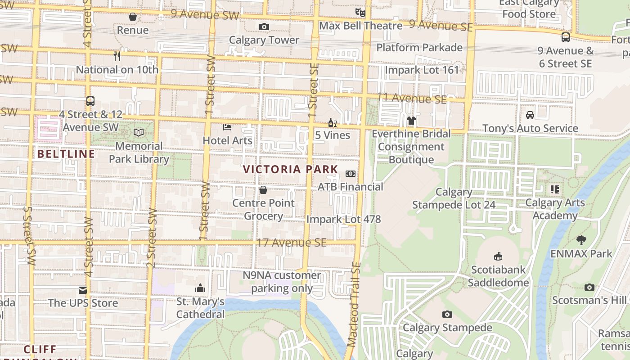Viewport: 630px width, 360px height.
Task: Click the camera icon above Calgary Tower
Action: tap(264, 27)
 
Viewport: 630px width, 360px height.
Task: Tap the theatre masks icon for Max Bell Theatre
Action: tap(359, 12)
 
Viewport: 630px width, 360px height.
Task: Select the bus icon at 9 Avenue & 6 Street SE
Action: tap(565, 37)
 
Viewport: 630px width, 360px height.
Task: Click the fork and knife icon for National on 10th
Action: tap(117, 56)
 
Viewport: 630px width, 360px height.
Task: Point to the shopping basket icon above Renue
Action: tap(133, 17)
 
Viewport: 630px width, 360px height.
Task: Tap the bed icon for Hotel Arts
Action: tap(227, 127)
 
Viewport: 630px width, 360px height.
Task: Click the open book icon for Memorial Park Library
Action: tap(139, 132)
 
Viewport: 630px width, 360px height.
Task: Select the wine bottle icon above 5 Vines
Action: tap(333, 122)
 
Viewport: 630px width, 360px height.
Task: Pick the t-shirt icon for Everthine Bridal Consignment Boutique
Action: tap(411, 120)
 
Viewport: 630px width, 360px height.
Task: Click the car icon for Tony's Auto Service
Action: tap(530, 115)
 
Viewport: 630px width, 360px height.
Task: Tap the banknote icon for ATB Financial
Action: tap(351, 174)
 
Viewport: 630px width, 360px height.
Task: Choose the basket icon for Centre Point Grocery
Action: tap(263, 190)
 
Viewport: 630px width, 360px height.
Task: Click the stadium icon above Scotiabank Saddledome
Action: tap(498, 256)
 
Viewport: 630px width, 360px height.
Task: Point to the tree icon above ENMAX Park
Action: tap(581, 240)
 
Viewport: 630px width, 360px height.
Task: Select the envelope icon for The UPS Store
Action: tap(83, 290)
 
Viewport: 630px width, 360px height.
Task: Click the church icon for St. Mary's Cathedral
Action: tap(200, 288)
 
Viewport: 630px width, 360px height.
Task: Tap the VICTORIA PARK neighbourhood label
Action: tap(290, 170)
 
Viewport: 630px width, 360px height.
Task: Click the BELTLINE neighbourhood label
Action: tap(66, 154)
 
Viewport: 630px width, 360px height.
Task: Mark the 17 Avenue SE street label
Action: tap(291, 243)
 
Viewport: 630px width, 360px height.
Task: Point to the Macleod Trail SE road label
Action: tap(355, 305)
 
